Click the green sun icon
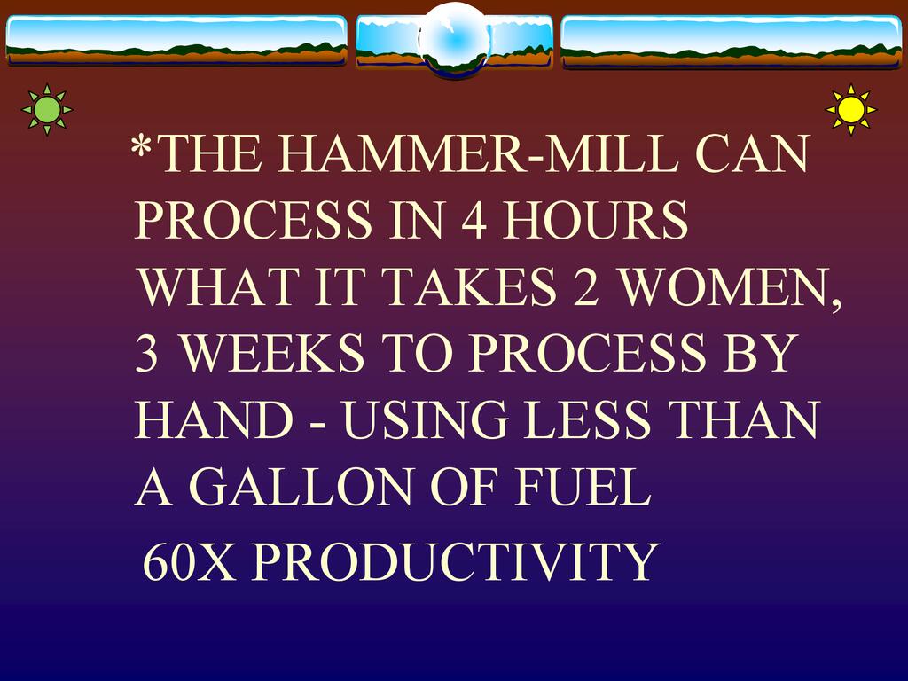[x=47, y=109]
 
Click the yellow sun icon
[x=850, y=109]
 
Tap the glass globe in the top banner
[x=455, y=40]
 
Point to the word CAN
[x=752, y=154]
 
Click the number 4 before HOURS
[x=474, y=220]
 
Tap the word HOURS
[x=595, y=220]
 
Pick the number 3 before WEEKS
[x=146, y=353]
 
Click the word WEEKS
[x=273, y=353]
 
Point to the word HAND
[x=215, y=419]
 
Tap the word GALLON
[x=301, y=486]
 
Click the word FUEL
[x=583, y=486]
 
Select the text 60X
[x=189, y=561]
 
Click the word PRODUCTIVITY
[x=455, y=561]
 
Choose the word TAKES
[x=469, y=286]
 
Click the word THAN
[x=744, y=419]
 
